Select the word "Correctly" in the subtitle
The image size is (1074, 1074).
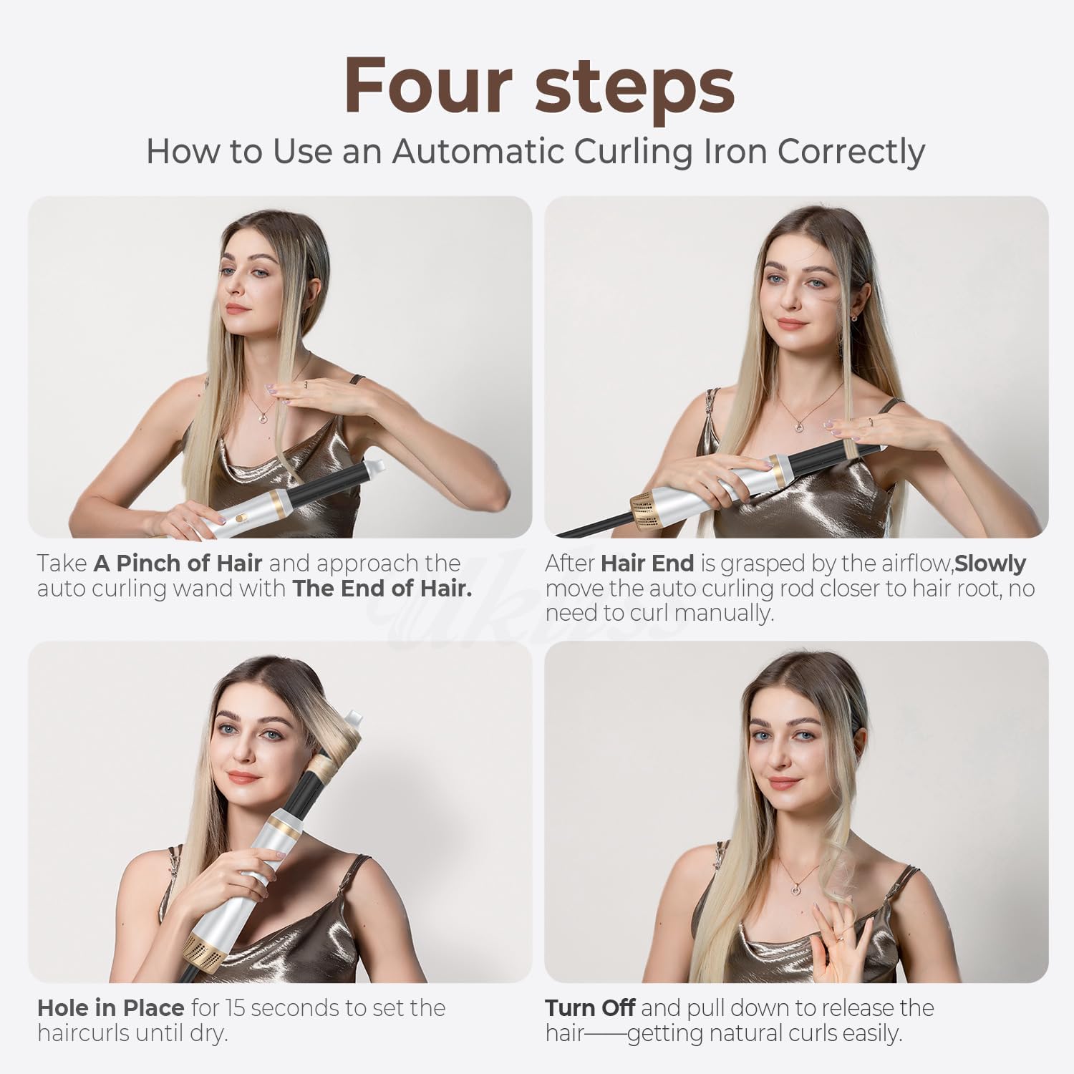(x=851, y=151)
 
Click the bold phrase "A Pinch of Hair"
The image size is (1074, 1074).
(x=178, y=563)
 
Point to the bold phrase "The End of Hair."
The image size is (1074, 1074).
(x=382, y=589)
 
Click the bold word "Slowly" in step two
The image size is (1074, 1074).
(x=990, y=563)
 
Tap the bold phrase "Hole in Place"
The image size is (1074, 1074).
(x=110, y=1008)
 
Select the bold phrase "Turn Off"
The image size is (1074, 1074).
(x=589, y=1008)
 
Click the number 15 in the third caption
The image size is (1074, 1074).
(x=236, y=1008)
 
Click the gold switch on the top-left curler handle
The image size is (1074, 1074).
(x=243, y=515)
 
